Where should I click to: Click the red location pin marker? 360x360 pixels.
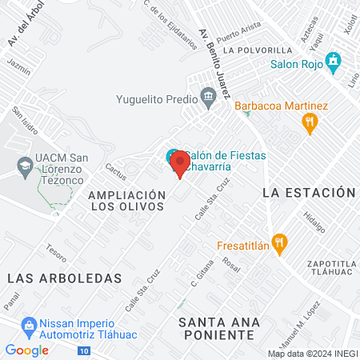point(179,165)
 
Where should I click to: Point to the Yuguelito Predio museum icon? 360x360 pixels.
point(209,98)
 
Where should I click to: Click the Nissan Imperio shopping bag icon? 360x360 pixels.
point(30,325)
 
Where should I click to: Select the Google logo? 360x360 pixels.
point(26,350)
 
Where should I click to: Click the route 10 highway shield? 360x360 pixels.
point(84,351)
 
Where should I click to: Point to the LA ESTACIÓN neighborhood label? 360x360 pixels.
point(308,193)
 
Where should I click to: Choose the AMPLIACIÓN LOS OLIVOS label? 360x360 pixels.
point(126,200)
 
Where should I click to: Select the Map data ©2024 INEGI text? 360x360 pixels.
point(313,354)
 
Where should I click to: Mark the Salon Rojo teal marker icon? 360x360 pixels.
point(333,61)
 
